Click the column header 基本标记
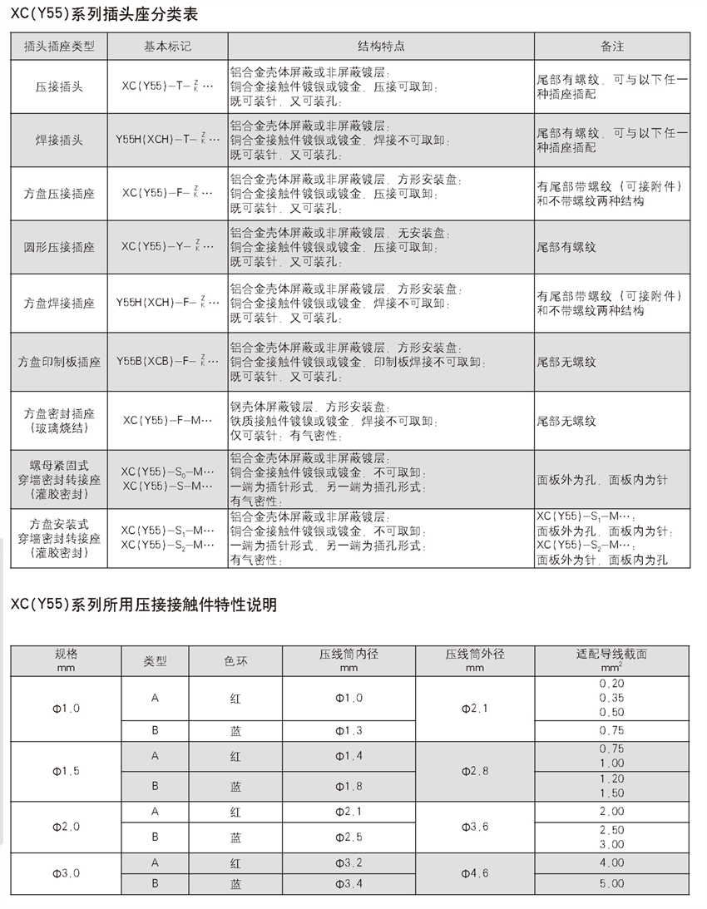click(167, 47)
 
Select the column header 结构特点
click(381, 47)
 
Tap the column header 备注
click(612, 47)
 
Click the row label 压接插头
click(59, 86)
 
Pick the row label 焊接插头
click(59, 141)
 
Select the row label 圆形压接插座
click(59, 247)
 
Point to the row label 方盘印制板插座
click(59, 363)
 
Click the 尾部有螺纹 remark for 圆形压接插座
click(566, 247)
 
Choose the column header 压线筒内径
click(349, 654)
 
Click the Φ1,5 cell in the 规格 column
click(66, 771)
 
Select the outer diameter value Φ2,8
click(475, 771)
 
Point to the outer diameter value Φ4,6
click(475, 873)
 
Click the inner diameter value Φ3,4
click(349, 883)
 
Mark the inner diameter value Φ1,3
click(349, 730)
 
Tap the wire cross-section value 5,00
click(611, 883)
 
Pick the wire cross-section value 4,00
click(611, 863)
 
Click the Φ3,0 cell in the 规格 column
click(66, 873)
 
